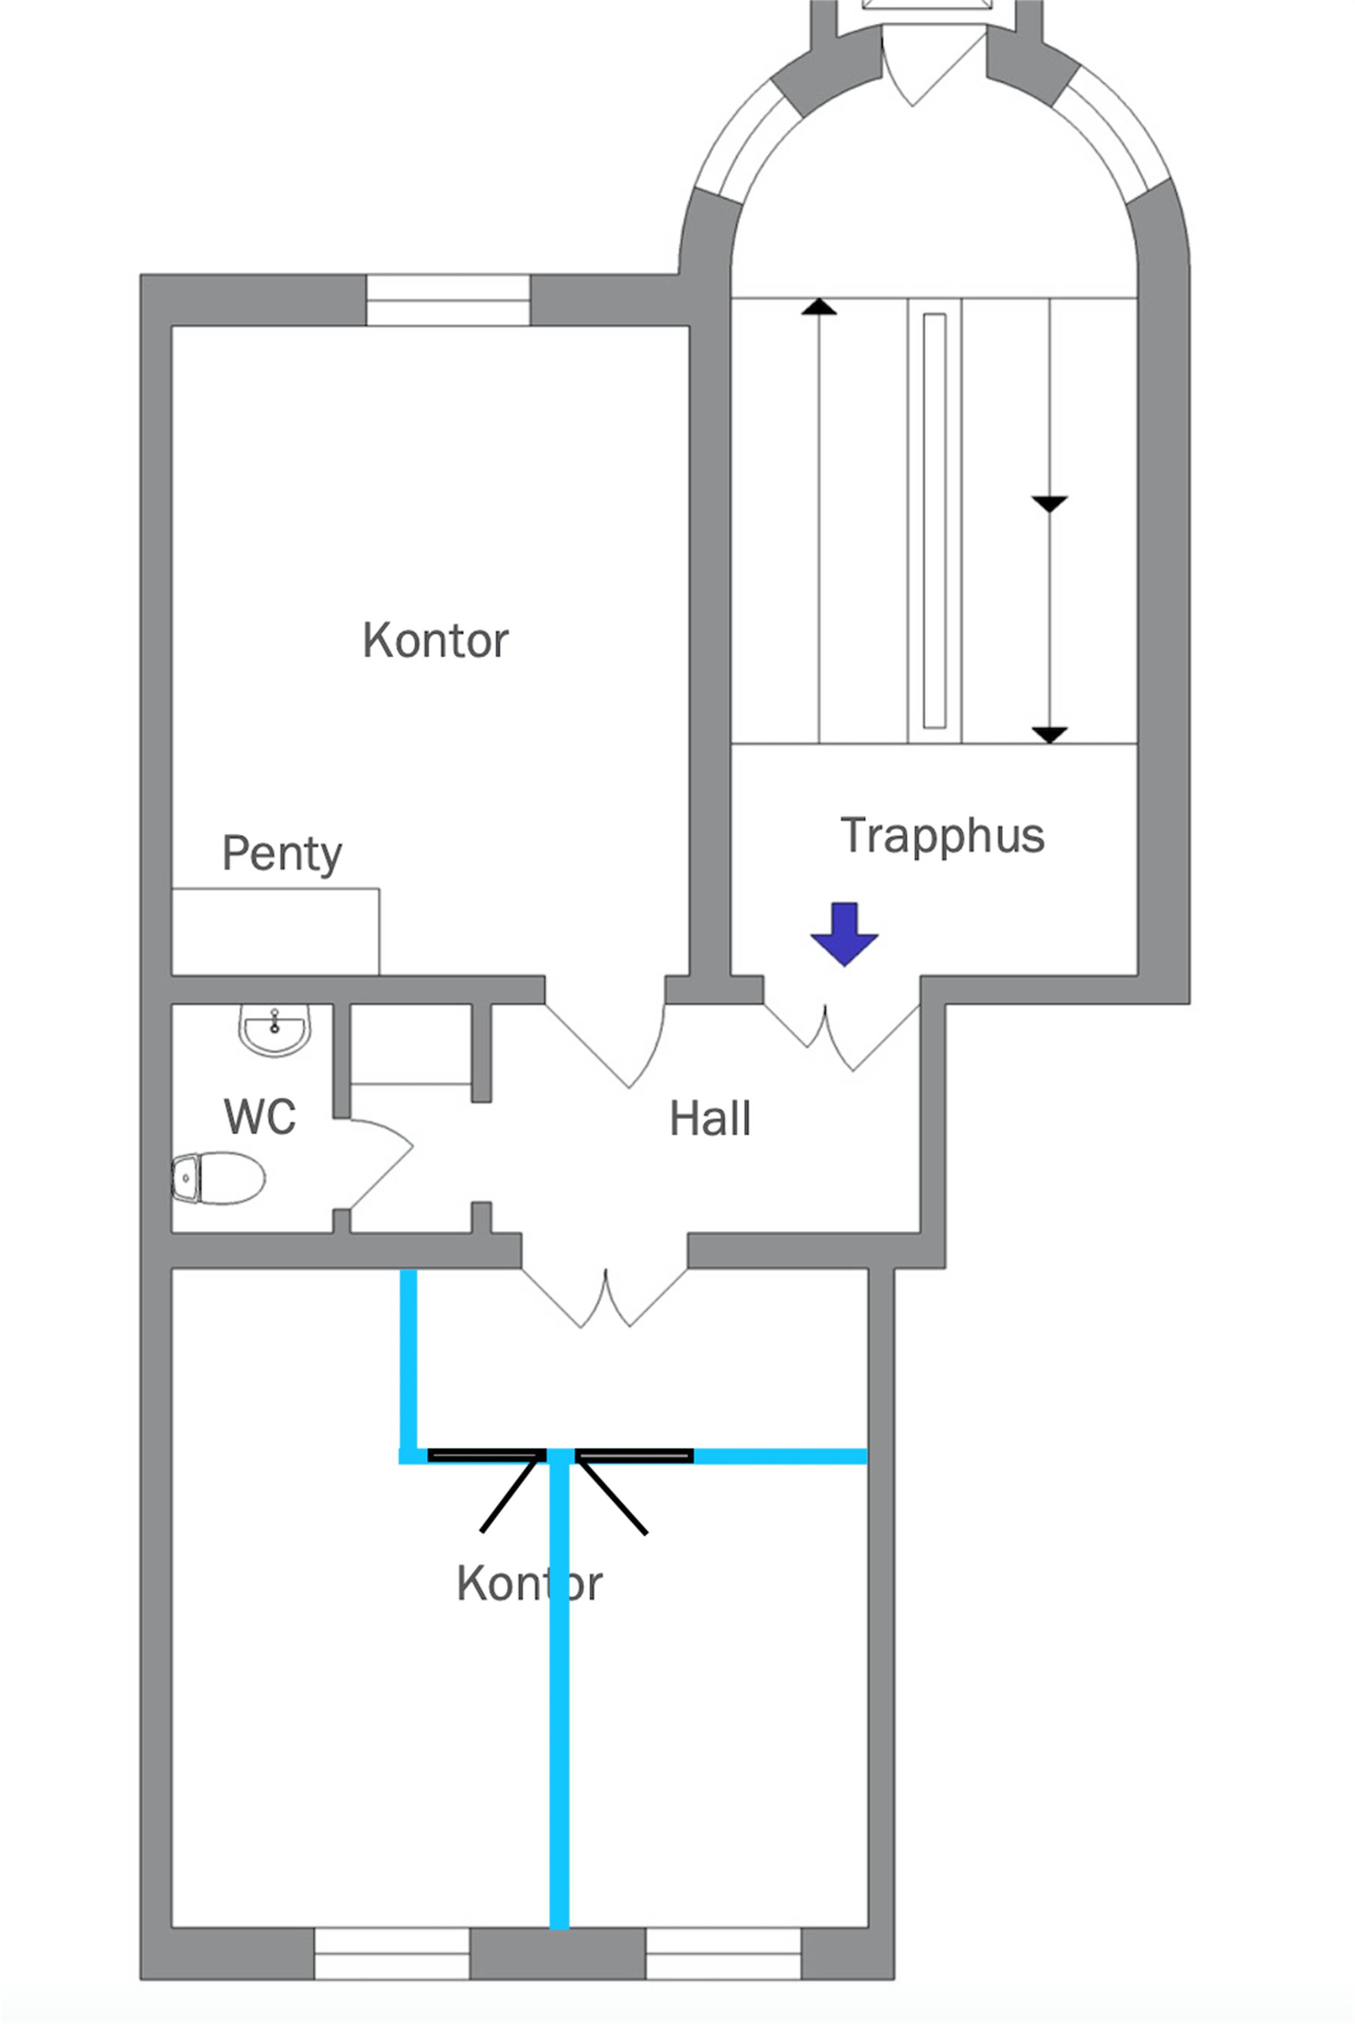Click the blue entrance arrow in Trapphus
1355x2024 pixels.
click(844, 933)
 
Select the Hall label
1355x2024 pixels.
click(710, 1118)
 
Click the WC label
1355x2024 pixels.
click(259, 1116)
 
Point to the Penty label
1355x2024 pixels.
click(282, 853)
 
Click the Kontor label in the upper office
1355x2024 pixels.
click(435, 640)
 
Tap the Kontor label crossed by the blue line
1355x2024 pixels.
click(529, 1583)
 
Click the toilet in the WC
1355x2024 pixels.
click(219, 1177)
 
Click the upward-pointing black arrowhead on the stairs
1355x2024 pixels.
click(819, 306)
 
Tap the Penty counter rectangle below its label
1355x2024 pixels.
click(275, 932)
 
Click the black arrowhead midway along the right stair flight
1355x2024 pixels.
click(1049, 504)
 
